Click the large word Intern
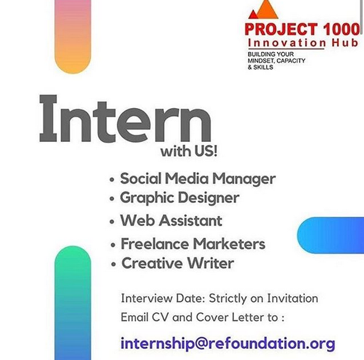coord(125,119)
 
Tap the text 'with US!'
coord(189,151)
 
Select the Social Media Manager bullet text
coord(198,179)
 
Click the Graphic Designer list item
coord(179,198)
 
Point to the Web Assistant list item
coord(171,221)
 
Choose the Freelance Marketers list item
coord(193,244)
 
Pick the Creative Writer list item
coord(178,263)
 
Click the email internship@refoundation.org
coord(228,344)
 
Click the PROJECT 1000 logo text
coord(302,29)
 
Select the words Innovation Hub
coord(303,43)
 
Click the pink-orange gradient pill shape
coord(72,36)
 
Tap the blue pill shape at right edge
coord(331,235)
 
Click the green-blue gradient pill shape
coord(72,303)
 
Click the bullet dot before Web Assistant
coord(112,222)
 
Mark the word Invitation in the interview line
coord(293,298)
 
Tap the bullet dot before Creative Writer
coord(114,264)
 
